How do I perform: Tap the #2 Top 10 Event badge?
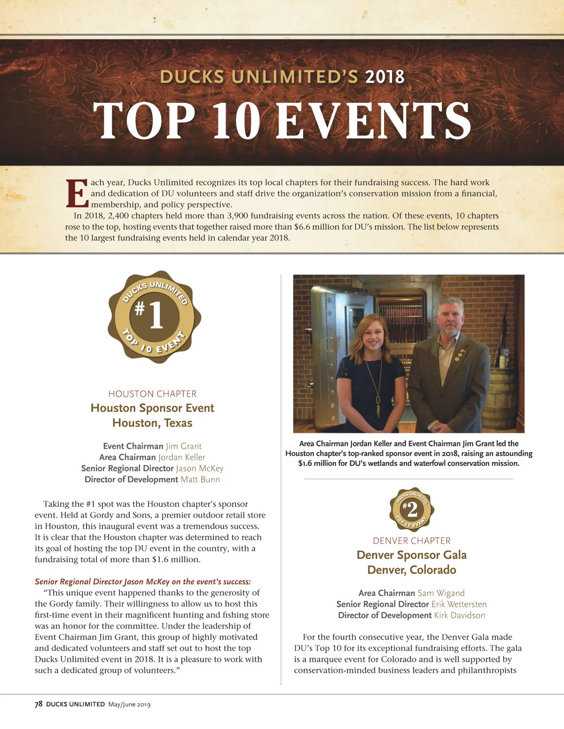tap(412, 510)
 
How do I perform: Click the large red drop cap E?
tap(77, 193)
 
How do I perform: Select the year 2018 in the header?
tap(384, 77)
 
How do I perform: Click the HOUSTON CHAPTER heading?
tap(152, 394)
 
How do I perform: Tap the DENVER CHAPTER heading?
tap(412, 541)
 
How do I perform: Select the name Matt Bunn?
tap(200, 479)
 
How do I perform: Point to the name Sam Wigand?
tap(441, 593)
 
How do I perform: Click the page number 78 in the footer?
tap(39, 704)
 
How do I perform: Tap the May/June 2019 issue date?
tap(129, 704)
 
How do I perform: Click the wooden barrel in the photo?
tap(502, 397)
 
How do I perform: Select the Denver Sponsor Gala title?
tap(412, 555)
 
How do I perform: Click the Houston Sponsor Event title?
tap(152, 408)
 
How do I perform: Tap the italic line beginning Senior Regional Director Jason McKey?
tap(143, 581)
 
